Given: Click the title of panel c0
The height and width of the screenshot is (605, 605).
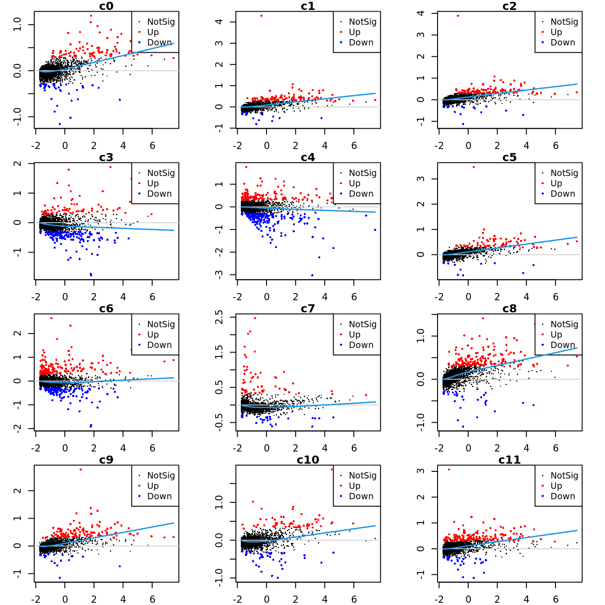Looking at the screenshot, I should coord(106,6).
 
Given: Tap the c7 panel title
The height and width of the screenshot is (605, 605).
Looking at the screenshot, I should coord(308,308).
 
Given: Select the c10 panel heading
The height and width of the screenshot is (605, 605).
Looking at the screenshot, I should coord(308,460).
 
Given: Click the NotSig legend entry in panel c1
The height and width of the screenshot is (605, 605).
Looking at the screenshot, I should coord(362,22).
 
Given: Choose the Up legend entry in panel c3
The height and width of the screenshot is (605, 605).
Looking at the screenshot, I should coord(153,183).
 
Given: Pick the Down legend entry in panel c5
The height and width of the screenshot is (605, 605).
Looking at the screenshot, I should coord(563,194).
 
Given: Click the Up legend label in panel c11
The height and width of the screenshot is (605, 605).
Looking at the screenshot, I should coord(556,486).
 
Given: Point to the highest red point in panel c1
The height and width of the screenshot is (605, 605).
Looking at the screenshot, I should coord(261,16).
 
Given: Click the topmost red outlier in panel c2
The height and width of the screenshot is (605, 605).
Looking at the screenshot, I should coord(458,16).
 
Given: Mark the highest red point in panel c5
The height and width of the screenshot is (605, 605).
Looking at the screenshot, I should coord(474,167).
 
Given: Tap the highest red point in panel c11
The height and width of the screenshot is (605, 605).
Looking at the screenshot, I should coord(449,470).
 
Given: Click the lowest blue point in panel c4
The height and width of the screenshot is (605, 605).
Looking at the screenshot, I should coord(312,275).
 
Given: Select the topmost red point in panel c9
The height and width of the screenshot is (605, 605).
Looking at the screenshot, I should coord(81,470).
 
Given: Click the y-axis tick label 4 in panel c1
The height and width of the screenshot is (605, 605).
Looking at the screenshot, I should coord(219,22).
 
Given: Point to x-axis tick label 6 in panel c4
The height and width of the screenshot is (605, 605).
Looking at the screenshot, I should coord(354,297).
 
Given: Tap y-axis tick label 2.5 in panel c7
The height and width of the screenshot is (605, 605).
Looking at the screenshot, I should coord(219,317).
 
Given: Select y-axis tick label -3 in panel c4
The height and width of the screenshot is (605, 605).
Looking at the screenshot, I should coord(219,274).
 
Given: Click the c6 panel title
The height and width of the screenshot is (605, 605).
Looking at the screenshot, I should coord(106,308).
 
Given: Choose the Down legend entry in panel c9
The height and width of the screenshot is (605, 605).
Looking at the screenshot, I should coord(159,496).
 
